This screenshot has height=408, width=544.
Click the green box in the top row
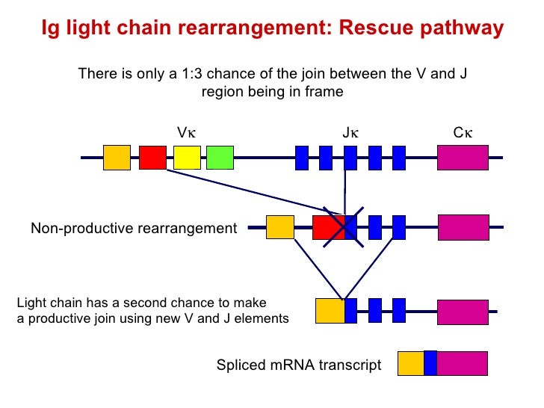click(x=220, y=158)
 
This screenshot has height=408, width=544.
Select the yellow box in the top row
click(x=187, y=158)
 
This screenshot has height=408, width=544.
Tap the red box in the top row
click(x=152, y=158)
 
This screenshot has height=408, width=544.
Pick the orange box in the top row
click(x=117, y=158)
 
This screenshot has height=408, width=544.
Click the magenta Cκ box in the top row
click(x=463, y=158)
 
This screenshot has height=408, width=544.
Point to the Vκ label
click(x=186, y=133)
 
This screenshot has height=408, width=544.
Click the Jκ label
click(x=350, y=133)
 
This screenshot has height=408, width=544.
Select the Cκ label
click(x=463, y=133)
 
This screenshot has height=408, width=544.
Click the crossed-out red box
click(x=327, y=227)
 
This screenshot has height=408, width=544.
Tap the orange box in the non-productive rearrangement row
click(x=280, y=227)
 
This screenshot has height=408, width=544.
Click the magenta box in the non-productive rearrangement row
click(x=463, y=227)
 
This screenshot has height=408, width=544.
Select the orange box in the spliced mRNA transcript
click(x=410, y=363)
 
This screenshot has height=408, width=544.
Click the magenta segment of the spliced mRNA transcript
click(x=462, y=363)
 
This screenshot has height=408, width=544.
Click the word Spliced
click(x=240, y=365)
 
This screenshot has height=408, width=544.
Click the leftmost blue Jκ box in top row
click(x=302, y=158)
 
